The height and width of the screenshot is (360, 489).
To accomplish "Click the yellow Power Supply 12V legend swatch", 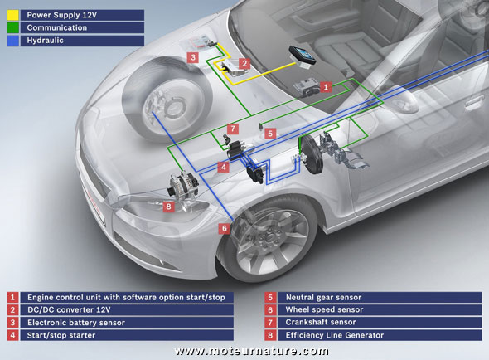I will [x=13, y=13].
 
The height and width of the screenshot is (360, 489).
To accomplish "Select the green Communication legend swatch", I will [x=13, y=27].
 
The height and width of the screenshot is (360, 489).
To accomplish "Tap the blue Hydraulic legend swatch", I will [x=13, y=40].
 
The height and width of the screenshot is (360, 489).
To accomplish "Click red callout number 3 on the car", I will [x=192, y=58].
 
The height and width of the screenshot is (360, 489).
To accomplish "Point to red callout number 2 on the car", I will [x=244, y=63].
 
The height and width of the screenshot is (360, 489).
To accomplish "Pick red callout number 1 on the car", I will [x=327, y=85].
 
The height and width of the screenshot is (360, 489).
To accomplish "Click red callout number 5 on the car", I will [x=270, y=132].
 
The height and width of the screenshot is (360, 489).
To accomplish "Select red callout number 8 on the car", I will [x=168, y=207].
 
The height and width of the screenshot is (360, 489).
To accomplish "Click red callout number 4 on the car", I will [x=224, y=167].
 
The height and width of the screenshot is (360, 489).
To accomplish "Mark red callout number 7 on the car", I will [x=234, y=129].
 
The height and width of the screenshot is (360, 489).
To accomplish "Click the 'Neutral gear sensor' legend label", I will [x=322, y=296].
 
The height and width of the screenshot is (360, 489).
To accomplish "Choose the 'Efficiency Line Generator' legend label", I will [x=334, y=334].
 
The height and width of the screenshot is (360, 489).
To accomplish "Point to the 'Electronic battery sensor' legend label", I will [x=80, y=322].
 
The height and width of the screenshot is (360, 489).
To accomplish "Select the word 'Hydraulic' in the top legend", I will [x=50, y=40].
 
